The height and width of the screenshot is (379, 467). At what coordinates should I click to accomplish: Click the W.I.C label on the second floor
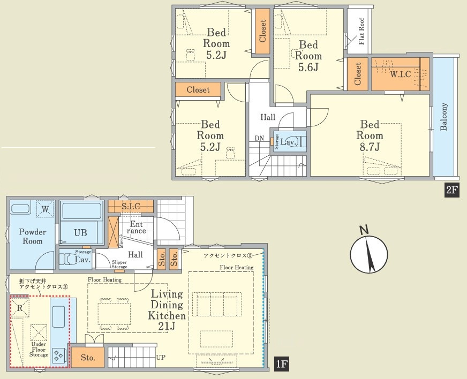tap(400, 74)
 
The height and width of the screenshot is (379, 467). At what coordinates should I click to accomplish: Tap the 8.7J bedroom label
tap(370, 135)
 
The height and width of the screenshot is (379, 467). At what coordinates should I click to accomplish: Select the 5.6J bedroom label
tap(308, 56)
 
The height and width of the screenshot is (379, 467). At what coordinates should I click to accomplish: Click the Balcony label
tap(443, 117)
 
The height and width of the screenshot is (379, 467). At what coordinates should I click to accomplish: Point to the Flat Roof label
tap(361, 32)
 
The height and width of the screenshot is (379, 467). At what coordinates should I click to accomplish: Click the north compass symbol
tap(368, 251)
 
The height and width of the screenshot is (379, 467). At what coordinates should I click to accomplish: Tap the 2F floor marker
tap(451, 189)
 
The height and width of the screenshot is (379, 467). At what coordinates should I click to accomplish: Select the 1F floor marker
tap(281, 365)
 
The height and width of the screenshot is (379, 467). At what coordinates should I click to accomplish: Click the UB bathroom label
tap(80, 232)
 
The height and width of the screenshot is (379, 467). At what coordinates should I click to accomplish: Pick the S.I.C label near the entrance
tap(131, 206)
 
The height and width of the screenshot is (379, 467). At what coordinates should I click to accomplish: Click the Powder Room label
tap(33, 237)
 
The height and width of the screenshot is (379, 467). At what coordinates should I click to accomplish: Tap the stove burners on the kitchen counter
tap(58, 355)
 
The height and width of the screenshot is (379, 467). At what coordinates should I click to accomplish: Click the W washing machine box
tap(46, 209)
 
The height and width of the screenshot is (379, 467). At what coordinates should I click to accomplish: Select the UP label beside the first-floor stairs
tap(161, 357)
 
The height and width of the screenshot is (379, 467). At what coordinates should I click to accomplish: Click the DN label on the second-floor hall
tap(259, 138)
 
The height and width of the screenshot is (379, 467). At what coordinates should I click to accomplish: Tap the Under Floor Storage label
tap(39, 350)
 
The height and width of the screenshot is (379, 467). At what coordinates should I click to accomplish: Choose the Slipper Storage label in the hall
tap(119, 264)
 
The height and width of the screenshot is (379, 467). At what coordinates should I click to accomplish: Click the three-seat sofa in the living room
tap(217, 304)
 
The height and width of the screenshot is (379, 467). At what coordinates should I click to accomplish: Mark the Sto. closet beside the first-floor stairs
tap(88, 357)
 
